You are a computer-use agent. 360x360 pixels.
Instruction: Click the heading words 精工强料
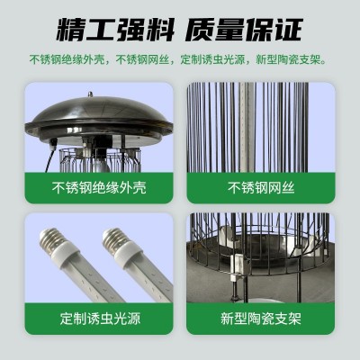point(115,30)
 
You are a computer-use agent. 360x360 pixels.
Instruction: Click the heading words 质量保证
point(244,30)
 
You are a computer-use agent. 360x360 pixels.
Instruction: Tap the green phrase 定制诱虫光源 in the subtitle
point(212,59)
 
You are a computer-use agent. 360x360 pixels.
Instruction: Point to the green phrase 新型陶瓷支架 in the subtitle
point(288,59)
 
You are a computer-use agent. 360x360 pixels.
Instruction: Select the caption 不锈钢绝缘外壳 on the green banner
point(99,188)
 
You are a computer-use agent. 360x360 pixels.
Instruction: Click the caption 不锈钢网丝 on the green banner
point(261,188)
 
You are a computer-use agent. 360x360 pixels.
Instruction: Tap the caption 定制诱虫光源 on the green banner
point(100,319)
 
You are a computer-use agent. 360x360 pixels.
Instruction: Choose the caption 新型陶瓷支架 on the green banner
point(261,319)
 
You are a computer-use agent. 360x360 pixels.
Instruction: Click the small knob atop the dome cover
point(90,94)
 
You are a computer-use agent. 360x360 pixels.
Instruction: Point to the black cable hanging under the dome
point(50,156)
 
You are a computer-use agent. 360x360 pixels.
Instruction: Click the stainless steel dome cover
point(99,120)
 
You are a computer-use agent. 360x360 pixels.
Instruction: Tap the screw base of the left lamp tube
point(53,238)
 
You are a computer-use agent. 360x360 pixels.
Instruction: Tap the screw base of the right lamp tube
point(116,238)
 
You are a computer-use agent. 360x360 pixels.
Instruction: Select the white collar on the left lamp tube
point(67,255)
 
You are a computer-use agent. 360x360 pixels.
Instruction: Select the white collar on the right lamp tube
point(130,255)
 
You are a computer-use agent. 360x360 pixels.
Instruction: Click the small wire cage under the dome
point(100,160)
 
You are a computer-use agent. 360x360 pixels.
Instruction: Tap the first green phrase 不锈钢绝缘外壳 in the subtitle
point(67,59)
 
